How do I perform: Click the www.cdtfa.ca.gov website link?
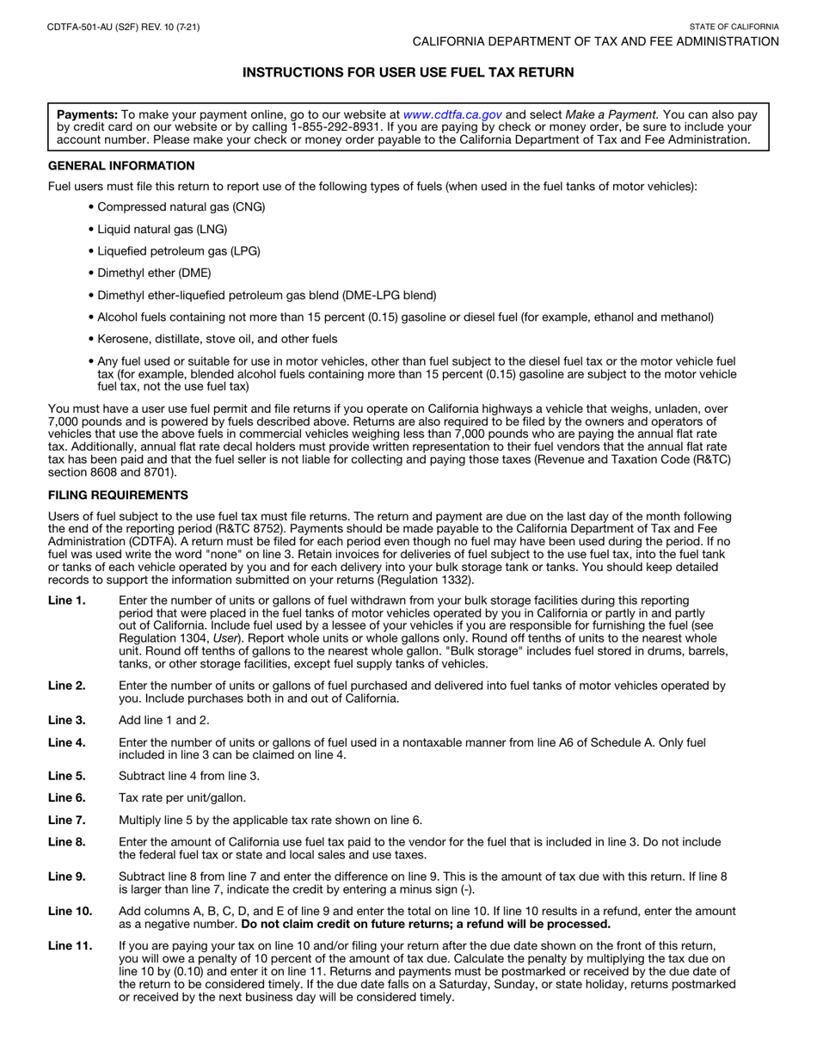(452, 114)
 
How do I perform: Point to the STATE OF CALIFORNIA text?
(734, 28)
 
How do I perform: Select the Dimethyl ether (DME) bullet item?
(154, 273)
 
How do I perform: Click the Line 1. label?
(66, 600)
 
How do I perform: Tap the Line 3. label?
(66, 720)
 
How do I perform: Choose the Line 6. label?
(66, 797)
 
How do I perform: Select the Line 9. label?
(66, 877)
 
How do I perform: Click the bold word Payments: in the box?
(87, 114)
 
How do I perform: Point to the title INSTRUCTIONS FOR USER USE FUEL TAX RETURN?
(408, 73)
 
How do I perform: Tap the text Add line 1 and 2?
(163, 720)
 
